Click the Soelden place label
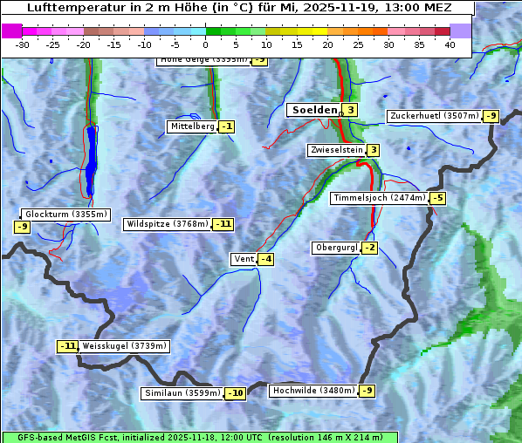pos(313,110)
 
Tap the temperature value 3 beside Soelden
pos(350,110)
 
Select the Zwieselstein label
pos(336,150)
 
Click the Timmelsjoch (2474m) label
pos(380,198)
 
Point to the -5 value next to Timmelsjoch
pos(437,198)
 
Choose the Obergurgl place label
pos(336,248)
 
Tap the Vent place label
pos(244,259)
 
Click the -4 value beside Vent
pos(265,259)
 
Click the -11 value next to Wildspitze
pos(224,224)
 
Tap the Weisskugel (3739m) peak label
pos(124,346)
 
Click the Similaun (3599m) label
pos(182,393)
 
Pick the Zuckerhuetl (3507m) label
pos(435,116)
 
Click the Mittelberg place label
pos(192,126)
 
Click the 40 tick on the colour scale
pos(450,44)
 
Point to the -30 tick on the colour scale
pos(23,44)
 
